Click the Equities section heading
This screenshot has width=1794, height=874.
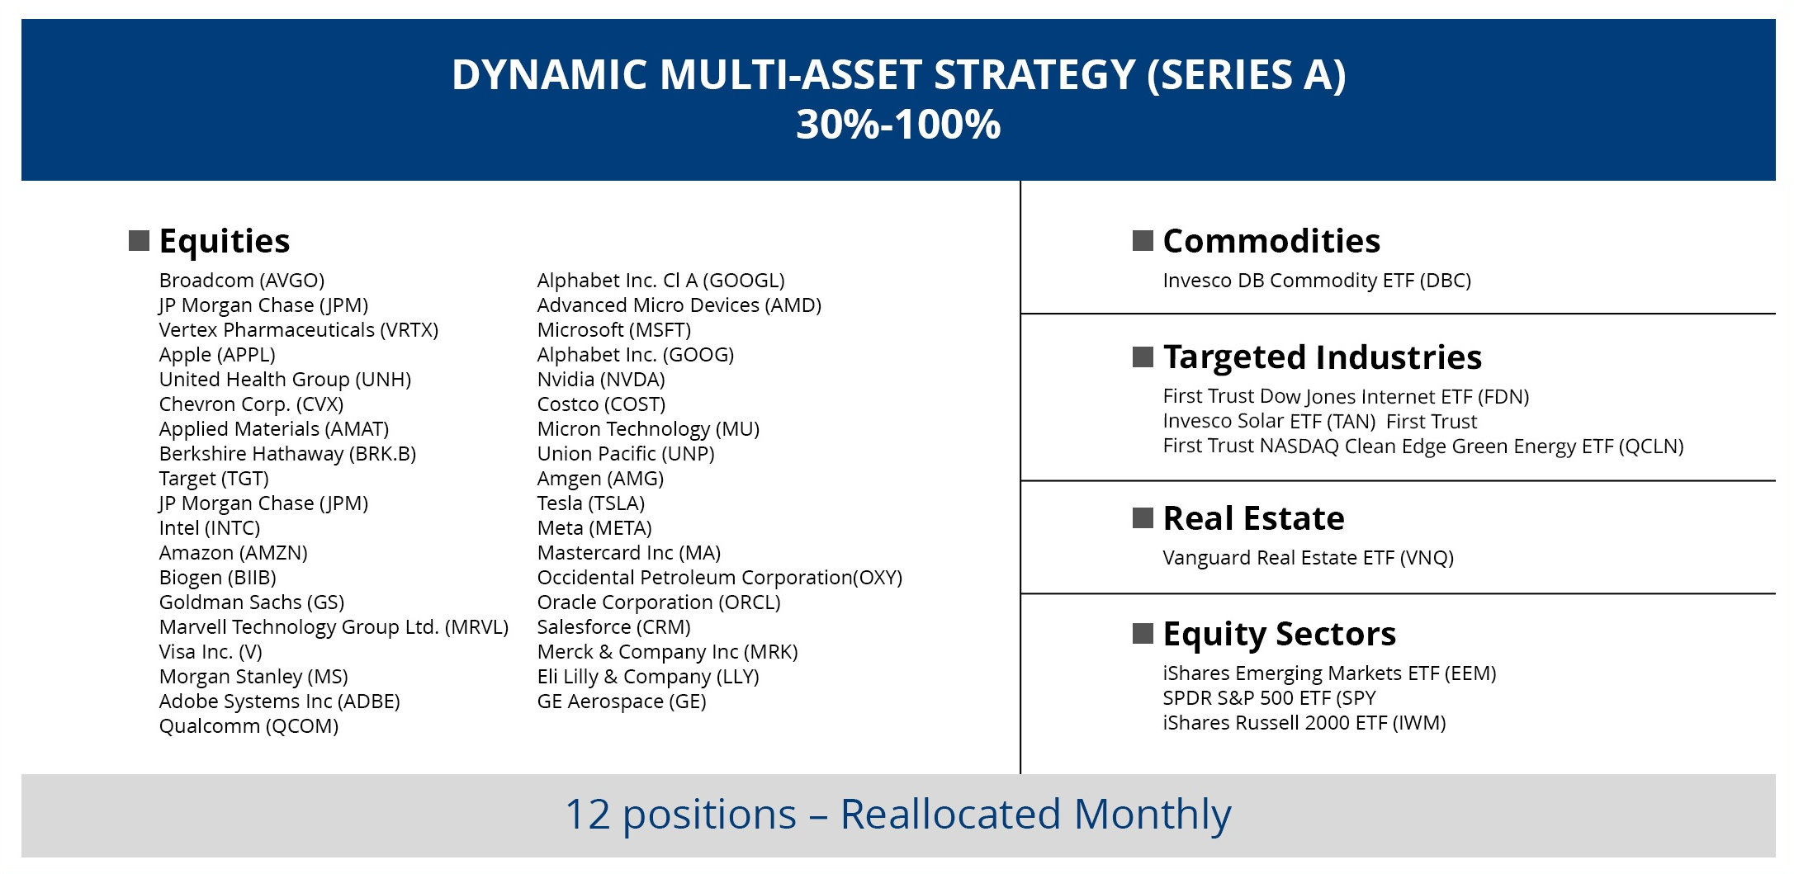[225, 242]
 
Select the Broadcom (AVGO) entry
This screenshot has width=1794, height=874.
[242, 281]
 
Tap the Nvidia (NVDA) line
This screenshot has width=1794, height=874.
[601, 380]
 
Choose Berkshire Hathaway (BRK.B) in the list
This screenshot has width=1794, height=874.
[287, 454]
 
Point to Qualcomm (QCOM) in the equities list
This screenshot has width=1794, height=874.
[249, 726]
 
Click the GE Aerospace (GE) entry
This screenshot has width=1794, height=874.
[622, 702]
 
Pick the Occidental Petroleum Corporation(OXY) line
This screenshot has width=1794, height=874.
[720, 578]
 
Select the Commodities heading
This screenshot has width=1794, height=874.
[1271, 242]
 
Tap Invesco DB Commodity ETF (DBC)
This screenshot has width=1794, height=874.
[1317, 281]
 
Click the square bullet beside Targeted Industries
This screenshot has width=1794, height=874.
[1143, 357]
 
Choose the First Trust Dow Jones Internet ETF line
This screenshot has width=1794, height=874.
[1346, 397]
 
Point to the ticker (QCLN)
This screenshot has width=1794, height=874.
[1650, 446]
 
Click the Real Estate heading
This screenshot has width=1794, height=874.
[1253, 519]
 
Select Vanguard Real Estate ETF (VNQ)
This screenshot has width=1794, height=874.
[1309, 558]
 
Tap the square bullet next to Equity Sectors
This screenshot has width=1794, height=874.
[1143, 634]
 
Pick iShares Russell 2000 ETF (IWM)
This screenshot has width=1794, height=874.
[1304, 723]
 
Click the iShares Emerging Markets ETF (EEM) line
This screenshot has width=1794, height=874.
[1329, 673]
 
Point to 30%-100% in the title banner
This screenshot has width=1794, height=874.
[898, 125]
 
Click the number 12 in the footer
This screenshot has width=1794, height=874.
[588, 815]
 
